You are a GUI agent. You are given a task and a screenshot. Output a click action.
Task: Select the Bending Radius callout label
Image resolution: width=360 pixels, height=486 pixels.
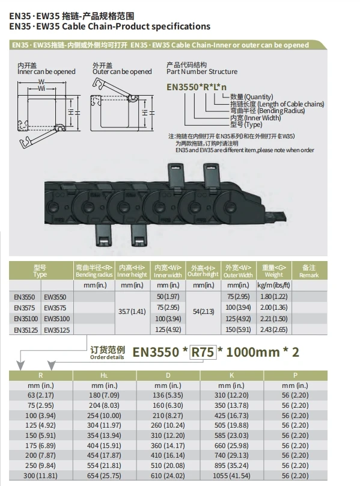click(261, 111)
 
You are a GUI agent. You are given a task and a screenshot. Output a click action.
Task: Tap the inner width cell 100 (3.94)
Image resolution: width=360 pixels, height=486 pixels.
click(168, 319)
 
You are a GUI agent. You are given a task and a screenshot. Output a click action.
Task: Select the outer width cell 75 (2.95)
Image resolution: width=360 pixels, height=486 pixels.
click(239, 297)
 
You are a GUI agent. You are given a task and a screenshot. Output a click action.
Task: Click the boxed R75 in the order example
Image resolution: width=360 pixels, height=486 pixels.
click(203, 352)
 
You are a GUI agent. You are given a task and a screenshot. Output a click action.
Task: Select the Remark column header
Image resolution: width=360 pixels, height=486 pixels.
click(309, 271)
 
